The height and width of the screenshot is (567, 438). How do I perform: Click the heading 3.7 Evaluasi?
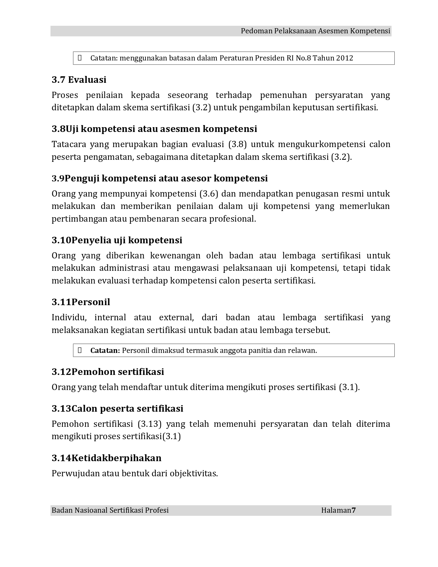tap(79, 80)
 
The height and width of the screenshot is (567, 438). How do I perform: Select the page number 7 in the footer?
tap(354, 510)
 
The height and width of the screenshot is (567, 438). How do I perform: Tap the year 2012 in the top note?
tap(345, 58)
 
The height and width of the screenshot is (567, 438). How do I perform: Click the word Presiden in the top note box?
tap(270, 58)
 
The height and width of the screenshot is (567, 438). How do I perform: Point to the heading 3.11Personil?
tap(81, 302)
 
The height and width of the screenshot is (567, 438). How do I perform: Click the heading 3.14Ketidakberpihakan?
tap(106, 458)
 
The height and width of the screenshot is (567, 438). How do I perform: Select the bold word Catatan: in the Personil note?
tap(105, 351)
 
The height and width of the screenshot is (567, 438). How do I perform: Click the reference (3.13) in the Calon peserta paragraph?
tap(149, 424)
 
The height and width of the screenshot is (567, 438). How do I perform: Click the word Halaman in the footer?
tap(336, 510)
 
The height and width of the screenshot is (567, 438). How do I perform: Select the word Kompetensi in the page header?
tap(370, 31)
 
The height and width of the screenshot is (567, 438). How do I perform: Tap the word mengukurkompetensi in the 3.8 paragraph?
tap(322, 144)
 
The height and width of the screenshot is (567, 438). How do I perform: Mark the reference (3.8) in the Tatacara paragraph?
tap(237, 144)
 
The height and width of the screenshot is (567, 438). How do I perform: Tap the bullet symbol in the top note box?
tap(80, 58)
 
